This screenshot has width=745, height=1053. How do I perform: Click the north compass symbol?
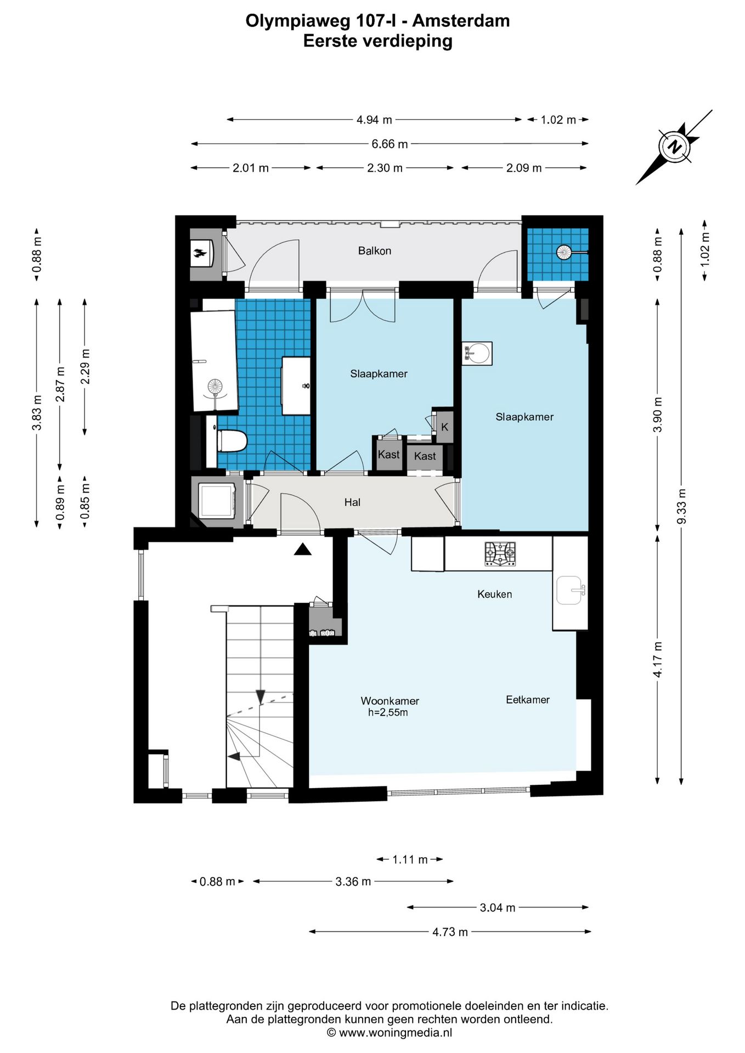coord(674,147)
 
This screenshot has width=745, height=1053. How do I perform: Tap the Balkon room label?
coord(375,251)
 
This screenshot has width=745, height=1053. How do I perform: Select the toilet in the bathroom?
coord(227,441)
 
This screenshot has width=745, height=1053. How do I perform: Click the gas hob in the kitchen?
coord(500,553)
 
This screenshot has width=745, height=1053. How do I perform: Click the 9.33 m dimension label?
coord(681,506)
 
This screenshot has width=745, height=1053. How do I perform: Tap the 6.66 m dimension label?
coord(390,144)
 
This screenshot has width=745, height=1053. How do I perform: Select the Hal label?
coord(352,502)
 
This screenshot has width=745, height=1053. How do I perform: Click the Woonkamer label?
coord(390,700)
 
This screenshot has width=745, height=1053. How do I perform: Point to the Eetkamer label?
coord(527,699)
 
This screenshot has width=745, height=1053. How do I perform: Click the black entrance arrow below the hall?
coord(302,549)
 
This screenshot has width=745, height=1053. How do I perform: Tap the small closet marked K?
coord(444,427)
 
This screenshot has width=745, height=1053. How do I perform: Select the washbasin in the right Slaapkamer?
coord(477,353)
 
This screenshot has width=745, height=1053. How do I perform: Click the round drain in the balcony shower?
coord(563,252)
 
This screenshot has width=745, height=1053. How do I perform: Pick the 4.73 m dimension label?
coord(450,932)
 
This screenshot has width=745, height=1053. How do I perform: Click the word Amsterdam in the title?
coord(461,21)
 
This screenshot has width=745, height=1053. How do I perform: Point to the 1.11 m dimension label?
coord(409,859)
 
